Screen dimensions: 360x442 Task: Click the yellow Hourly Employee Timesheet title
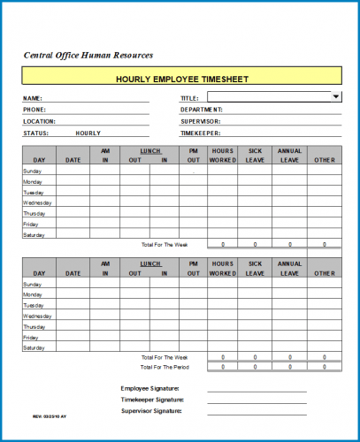(x=181, y=79)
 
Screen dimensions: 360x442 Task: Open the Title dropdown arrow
(x=336, y=97)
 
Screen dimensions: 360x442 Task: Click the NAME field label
(x=32, y=98)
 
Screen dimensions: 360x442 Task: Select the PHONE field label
(x=34, y=110)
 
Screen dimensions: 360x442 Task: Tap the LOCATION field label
(x=39, y=121)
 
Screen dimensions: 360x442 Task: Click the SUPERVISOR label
(x=201, y=121)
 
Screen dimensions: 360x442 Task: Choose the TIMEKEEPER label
(x=202, y=133)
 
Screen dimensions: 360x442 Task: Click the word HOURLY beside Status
(x=88, y=133)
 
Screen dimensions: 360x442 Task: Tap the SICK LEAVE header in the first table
(x=255, y=156)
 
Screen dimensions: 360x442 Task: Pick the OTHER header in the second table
(x=324, y=273)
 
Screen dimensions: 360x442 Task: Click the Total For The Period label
(x=165, y=366)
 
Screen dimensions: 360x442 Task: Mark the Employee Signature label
(x=149, y=388)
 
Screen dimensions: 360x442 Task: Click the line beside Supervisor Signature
(x=257, y=412)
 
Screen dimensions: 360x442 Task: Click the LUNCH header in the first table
(x=150, y=151)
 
